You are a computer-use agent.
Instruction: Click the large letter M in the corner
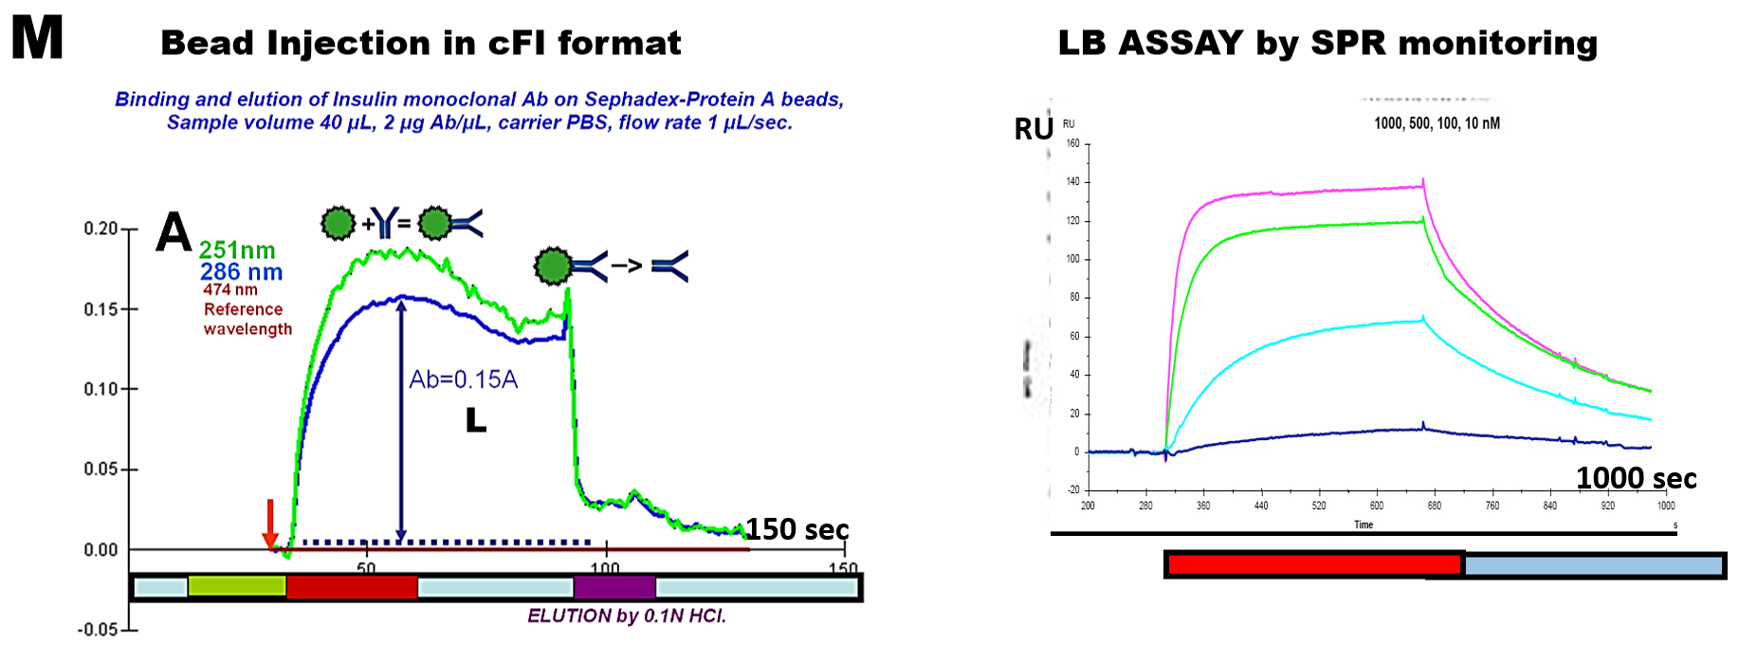tap(37, 39)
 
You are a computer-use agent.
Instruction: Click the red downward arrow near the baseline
tap(270, 523)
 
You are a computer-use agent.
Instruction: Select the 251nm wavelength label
tap(237, 250)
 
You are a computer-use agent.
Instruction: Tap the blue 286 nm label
tap(241, 272)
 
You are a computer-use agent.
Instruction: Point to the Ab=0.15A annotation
tap(463, 380)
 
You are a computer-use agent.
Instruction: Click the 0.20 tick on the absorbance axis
tap(101, 229)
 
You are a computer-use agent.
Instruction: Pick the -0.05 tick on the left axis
tap(99, 630)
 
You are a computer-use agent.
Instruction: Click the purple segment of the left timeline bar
tap(614, 587)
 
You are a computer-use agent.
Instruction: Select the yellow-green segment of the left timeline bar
tap(237, 587)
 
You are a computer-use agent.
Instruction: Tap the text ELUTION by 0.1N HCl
tap(626, 617)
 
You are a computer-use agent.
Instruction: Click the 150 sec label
tap(796, 529)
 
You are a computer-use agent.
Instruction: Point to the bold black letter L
tap(476, 421)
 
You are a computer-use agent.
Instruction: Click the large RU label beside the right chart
tap(1033, 129)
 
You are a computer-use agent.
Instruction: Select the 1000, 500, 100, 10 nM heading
tap(1437, 123)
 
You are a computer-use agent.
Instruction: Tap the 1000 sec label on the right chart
tap(1636, 478)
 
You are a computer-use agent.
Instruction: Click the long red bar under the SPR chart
tap(1313, 565)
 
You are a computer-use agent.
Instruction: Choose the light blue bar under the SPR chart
tap(1593, 566)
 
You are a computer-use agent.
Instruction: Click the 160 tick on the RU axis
tap(1072, 144)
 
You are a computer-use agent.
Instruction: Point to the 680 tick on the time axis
tap(1434, 506)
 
